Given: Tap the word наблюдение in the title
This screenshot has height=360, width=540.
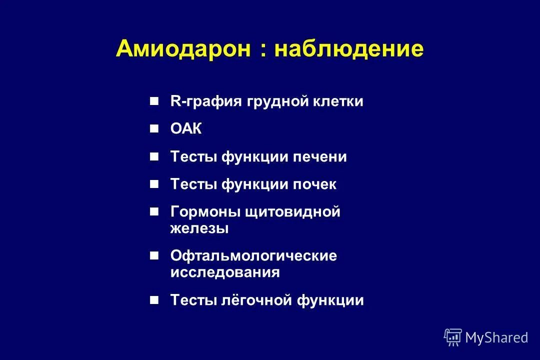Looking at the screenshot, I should (349, 49).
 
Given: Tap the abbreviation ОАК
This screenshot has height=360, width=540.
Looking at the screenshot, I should (186, 129).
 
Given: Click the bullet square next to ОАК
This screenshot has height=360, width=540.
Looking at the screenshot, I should (154, 129).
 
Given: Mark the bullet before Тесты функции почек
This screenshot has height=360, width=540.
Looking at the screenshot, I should (154, 184).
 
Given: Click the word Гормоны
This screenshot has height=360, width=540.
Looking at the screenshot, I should (205, 212).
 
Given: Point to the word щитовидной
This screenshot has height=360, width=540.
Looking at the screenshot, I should (292, 212).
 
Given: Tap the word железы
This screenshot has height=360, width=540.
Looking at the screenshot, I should (199, 228).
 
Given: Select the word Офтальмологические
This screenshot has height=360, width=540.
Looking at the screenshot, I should (253, 256).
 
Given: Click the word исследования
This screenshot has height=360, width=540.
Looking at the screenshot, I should (225, 272).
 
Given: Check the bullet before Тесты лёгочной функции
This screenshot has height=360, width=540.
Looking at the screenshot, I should (154, 300).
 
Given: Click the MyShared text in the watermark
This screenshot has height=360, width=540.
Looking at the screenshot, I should (496, 337).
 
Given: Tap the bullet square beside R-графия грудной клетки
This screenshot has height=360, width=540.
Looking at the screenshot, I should (154, 101).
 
